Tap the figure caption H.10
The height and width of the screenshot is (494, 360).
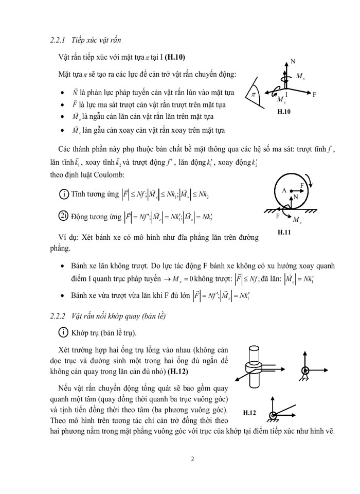284,111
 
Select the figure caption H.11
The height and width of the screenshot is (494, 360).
284,233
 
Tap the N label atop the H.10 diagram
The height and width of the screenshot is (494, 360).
293,61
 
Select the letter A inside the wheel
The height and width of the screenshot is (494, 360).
283,190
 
